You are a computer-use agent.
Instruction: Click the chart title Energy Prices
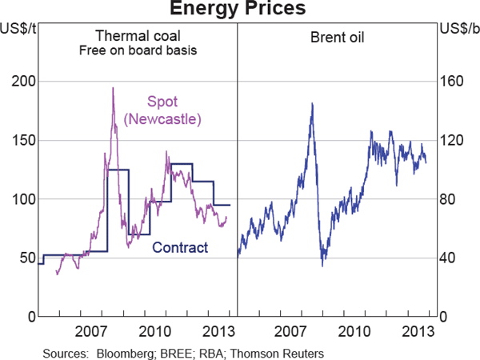tap(239, 10)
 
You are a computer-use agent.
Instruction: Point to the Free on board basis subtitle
tap(138, 51)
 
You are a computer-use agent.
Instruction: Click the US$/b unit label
tap(459, 30)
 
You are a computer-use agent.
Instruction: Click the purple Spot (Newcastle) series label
tap(162, 110)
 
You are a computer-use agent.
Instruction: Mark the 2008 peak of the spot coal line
tap(113, 88)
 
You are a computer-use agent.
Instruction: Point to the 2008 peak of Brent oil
tap(311, 103)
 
